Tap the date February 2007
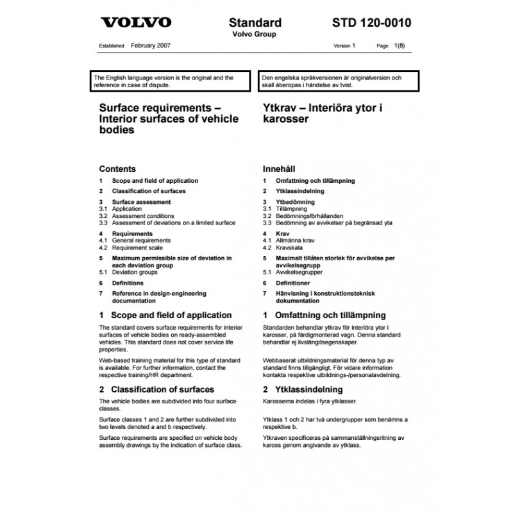pyautogui.click(x=150, y=46)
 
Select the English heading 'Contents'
pyautogui.click(x=117, y=169)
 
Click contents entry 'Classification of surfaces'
pyautogui.click(x=149, y=191)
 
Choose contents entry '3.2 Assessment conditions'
pyautogui.click(x=137, y=216)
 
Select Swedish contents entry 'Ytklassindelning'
pyautogui.click(x=299, y=191)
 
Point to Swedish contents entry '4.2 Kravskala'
pyautogui.click(x=286, y=248)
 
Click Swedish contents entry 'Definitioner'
pyautogui.click(x=292, y=283)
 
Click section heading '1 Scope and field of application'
pyautogui.click(x=165, y=315)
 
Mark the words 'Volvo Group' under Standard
pyautogui.click(x=255, y=35)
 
